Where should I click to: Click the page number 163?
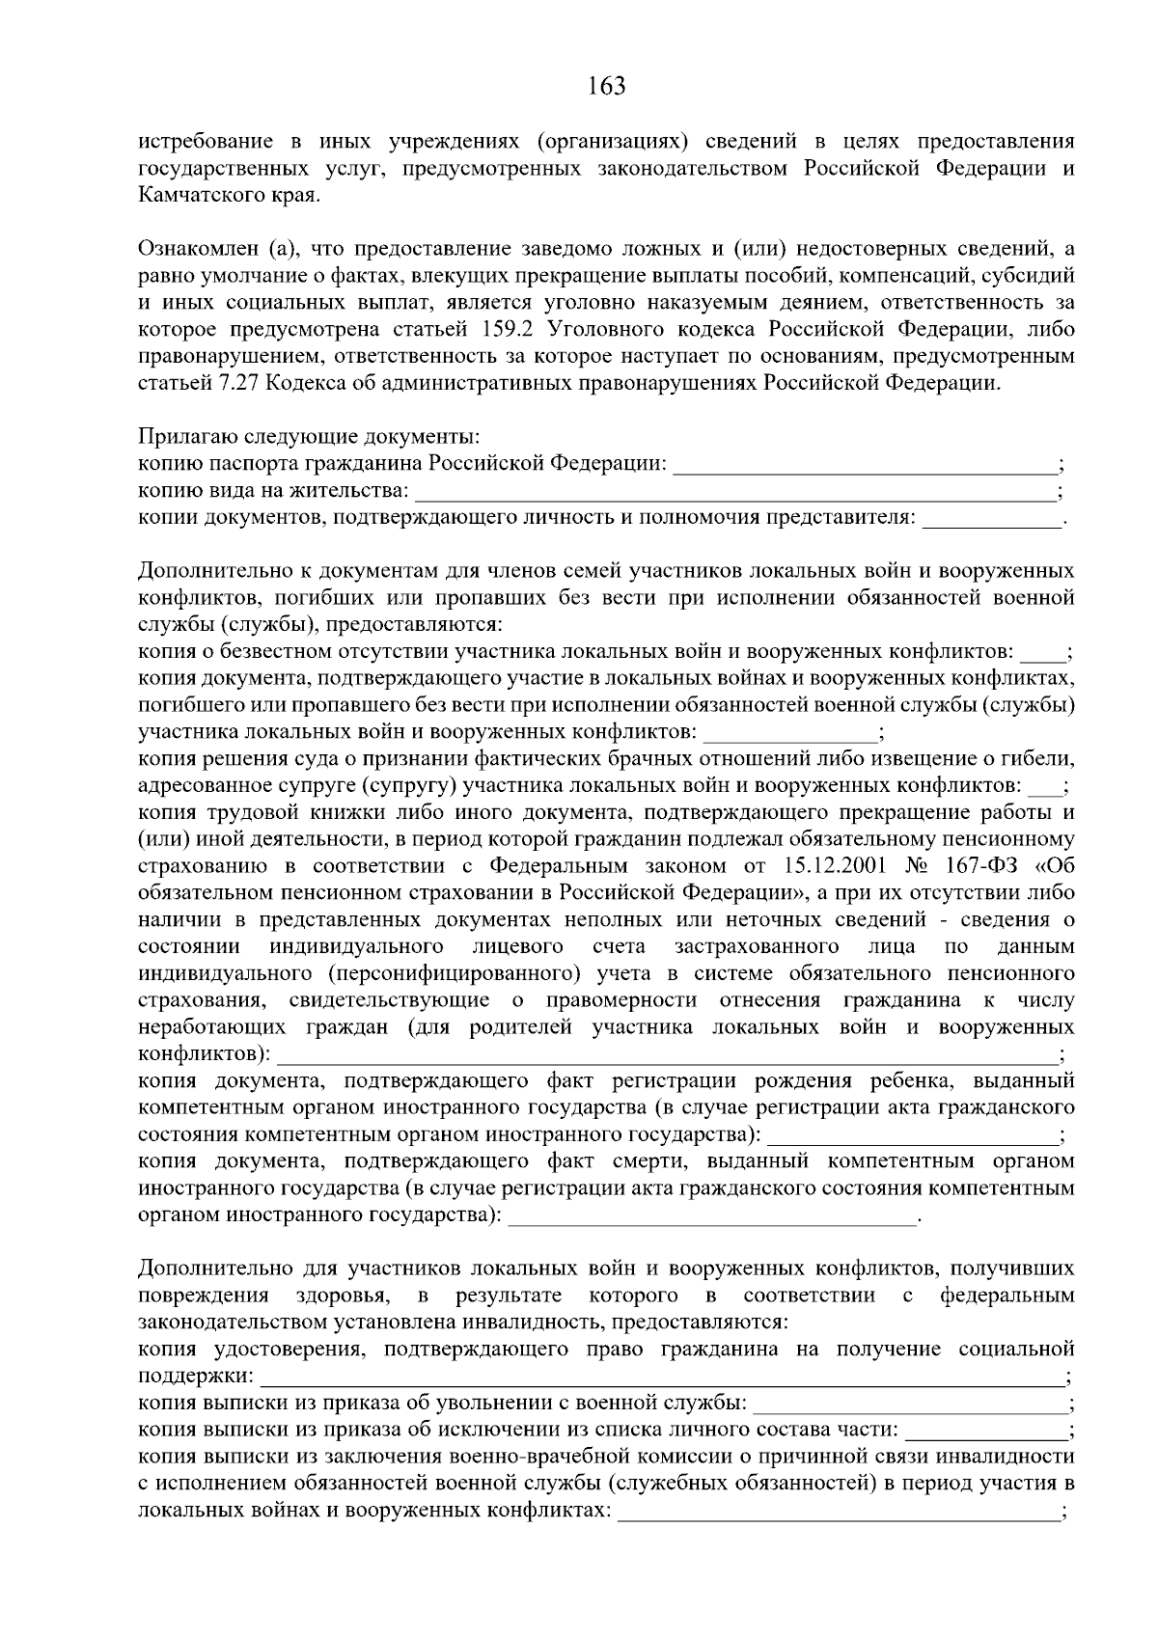606,87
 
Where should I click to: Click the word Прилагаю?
181,437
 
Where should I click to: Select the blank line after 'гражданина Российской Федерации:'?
865,467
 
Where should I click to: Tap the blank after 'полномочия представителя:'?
991,521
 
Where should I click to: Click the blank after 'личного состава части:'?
985,1429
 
